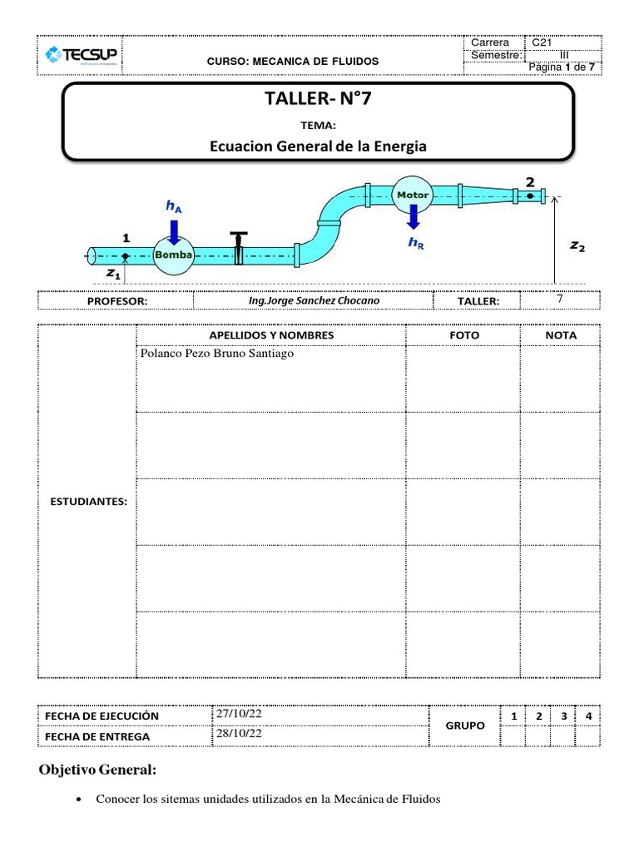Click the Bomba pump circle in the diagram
tap(173, 255)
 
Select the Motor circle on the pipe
tap(412, 195)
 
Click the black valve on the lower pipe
tap(239, 247)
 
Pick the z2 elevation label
tap(576, 246)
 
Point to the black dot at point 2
tap(529, 196)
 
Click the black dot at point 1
tap(125, 255)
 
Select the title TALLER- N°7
tap(318, 101)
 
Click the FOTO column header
tap(463, 334)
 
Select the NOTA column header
tap(560, 334)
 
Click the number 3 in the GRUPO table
tap(563, 716)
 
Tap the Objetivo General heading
tap(97, 770)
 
